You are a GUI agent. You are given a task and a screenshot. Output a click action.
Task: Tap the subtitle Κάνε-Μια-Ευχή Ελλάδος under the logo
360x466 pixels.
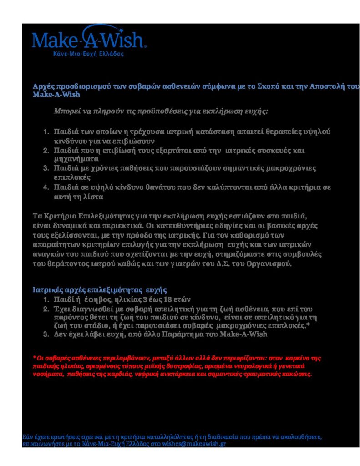(88, 53)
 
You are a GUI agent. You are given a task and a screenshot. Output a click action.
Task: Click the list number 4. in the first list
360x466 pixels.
(46, 187)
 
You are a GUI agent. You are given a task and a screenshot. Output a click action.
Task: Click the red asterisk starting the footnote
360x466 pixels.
(35, 358)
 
